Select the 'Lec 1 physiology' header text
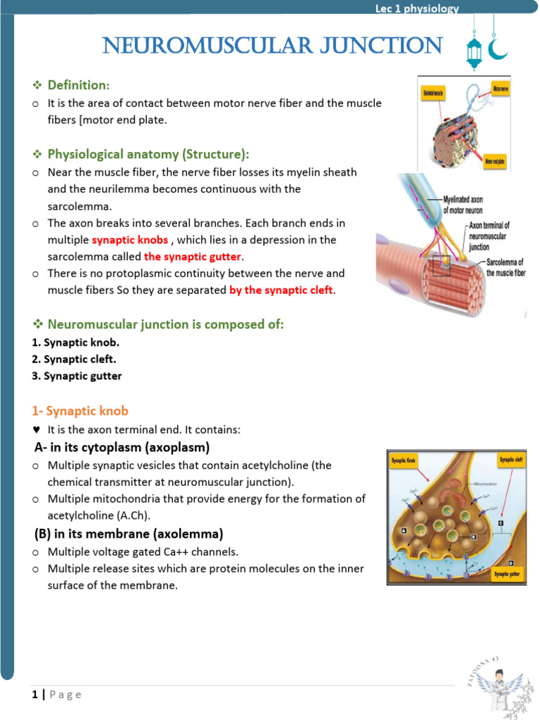(x=417, y=8)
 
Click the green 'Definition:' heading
(x=78, y=85)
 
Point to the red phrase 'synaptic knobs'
(x=130, y=240)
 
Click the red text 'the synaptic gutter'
(x=192, y=257)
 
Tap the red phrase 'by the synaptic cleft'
(x=281, y=290)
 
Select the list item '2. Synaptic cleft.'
(x=74, y=359)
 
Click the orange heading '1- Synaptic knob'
(x=80, y=411)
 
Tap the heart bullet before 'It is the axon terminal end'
(x=36, y=430)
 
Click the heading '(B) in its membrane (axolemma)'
(x=129, y=534)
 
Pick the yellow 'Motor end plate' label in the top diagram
(x=497, y=162)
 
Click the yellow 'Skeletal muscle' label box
(x=434, y=92)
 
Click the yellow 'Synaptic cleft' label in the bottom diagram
(x=510, y=461)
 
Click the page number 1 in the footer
(x=34, y=695)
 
